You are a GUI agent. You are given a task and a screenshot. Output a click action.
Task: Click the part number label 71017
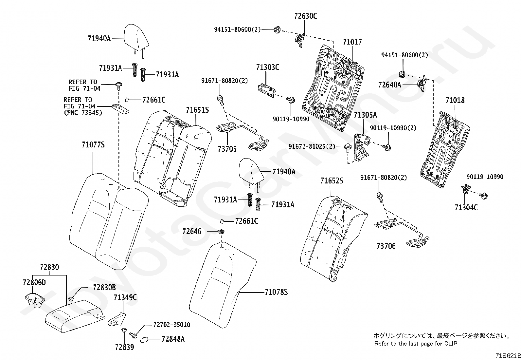coord(352,42)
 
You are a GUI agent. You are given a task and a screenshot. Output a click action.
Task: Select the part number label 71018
coord(455,100)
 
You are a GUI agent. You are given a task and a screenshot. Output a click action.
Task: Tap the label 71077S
coord(93,145)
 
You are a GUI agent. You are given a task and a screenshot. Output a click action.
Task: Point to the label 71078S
coord(276,292)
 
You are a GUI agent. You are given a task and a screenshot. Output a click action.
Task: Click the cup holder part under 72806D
coord(34,300)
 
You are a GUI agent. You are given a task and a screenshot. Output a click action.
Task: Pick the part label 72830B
coord(104,288)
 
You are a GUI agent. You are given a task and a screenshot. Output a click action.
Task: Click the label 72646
coord(192,232)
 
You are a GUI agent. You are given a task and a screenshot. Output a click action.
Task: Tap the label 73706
coord(386,246)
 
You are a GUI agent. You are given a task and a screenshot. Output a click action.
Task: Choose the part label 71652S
coord(332,181)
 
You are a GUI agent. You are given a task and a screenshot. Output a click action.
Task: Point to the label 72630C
coord(305,16)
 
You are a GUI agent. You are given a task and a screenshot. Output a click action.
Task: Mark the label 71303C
coord(267,67)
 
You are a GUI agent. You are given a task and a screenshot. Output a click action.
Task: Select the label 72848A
coord(173,339)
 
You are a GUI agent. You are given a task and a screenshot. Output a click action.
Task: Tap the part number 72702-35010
coord(172,325)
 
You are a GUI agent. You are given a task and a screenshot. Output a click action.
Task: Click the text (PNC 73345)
coord(83,113)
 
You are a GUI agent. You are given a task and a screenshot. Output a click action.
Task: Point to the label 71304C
coord(466,207)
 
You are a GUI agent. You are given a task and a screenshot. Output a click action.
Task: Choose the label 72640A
coord(389,85)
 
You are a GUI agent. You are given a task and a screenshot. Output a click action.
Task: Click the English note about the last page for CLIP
coord(416,344)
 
